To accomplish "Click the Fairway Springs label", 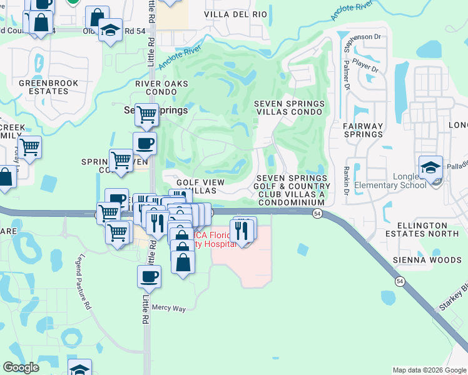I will (363, 130).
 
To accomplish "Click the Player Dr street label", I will (365, 66).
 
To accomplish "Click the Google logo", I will (21, 367).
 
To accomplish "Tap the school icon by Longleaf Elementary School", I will (430, 167).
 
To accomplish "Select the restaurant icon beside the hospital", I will (243, 230).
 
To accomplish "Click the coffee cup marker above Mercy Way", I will (149, 276).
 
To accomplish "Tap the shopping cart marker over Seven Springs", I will (146, 114).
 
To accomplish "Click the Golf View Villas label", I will (196, 186).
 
